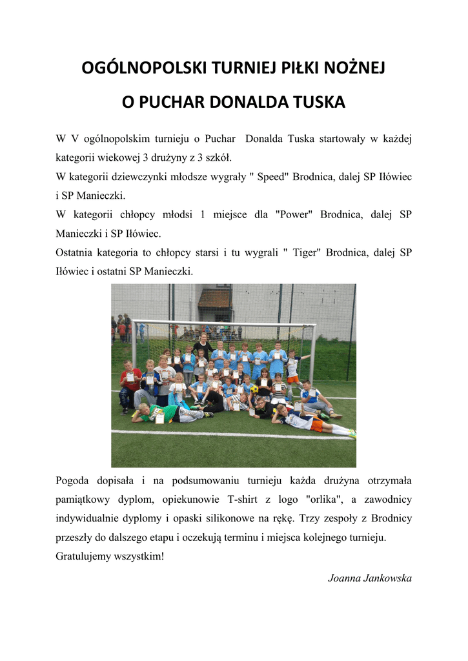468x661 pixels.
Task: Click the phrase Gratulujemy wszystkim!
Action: (110, 556)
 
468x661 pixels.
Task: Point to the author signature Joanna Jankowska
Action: (370, 578)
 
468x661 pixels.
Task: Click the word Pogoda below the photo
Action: (76, 480)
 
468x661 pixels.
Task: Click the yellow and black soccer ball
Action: (254, 389)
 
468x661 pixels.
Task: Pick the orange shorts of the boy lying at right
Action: (316, 424)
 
